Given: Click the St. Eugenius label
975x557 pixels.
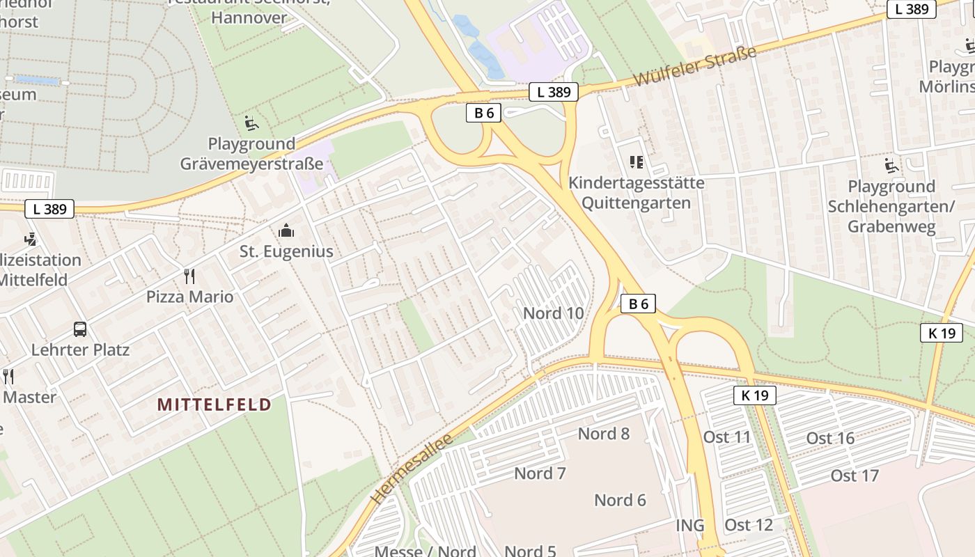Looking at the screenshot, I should click(286, 251).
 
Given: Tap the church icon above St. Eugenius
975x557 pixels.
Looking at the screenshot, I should click(286, 230).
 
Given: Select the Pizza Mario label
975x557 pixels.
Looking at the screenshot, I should click(189, 297).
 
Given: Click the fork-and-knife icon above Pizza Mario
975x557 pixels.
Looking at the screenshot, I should click(189, 276).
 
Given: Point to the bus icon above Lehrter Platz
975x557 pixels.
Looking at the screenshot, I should click(80, 329).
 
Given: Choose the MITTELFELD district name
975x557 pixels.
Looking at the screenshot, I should click(214, 405).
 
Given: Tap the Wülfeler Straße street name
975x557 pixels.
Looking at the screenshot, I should click(694, 68).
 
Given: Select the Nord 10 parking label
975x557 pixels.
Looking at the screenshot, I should click(553, 313).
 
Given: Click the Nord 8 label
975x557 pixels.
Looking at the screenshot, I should click(603, 434).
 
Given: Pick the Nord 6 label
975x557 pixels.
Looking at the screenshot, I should click(620, 500).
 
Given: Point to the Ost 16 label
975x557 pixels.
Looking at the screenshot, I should click(830, 438).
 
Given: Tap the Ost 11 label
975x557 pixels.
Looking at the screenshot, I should click(727, 437).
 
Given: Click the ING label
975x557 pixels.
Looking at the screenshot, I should click(689, 525).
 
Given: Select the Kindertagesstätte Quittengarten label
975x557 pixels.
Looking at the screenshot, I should click(636, 193).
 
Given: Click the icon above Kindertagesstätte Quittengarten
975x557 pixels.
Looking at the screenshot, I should click(636, 162).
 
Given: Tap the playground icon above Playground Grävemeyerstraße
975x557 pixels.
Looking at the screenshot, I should click(251, 124).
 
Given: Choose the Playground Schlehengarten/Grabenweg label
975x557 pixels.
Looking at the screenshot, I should click(891, 206).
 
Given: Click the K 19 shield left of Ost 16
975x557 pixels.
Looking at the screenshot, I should click(754, 396).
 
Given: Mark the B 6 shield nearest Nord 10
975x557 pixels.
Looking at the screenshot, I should click(638, 304).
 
